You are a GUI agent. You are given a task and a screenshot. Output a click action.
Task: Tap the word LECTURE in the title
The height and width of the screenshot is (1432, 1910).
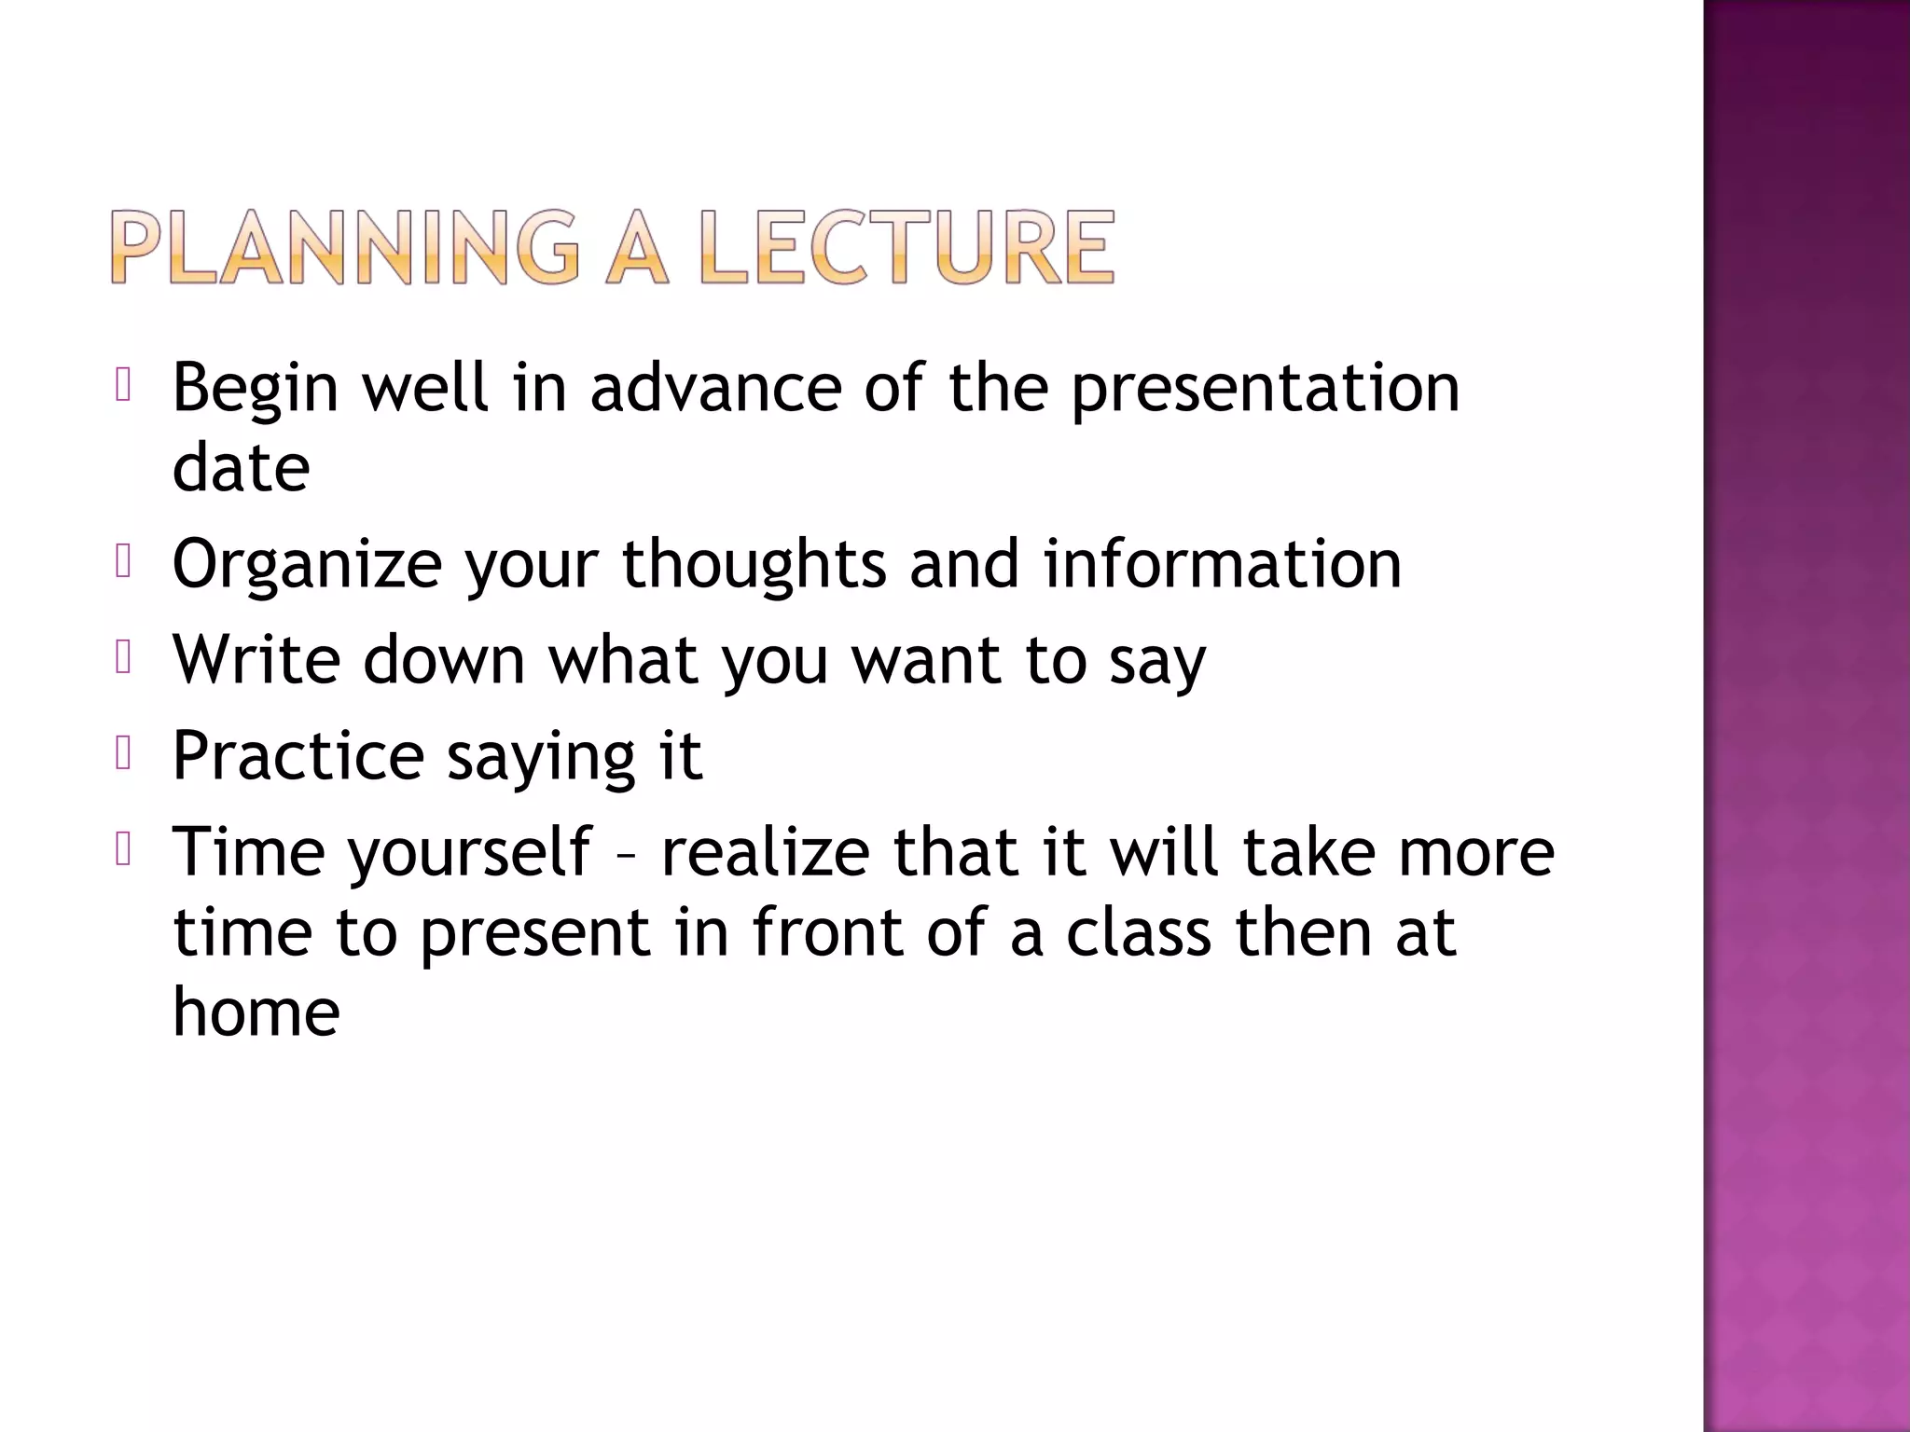[x=907, y=247]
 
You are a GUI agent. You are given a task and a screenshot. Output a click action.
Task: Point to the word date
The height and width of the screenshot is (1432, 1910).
[x=241, y=468]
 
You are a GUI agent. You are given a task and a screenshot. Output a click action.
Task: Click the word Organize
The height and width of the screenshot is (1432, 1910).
[x=307, y=566]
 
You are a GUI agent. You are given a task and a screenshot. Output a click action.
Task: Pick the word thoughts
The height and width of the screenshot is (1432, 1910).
[x=754, y=564]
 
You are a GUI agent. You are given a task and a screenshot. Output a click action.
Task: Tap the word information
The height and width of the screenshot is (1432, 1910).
[x=1222, y=564]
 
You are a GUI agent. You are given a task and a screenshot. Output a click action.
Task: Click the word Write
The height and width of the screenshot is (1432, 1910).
[x=256, y=660]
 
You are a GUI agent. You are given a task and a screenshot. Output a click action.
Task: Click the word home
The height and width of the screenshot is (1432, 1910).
[x=256, y=1012]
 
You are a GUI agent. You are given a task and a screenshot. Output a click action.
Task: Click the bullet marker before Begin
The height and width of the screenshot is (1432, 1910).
[x=123, y=385]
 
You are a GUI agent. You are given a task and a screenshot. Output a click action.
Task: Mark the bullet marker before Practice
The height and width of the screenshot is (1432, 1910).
[x=123, y=753]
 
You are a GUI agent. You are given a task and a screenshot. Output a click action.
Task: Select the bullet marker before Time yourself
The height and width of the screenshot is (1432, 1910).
[x=123, y=849]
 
